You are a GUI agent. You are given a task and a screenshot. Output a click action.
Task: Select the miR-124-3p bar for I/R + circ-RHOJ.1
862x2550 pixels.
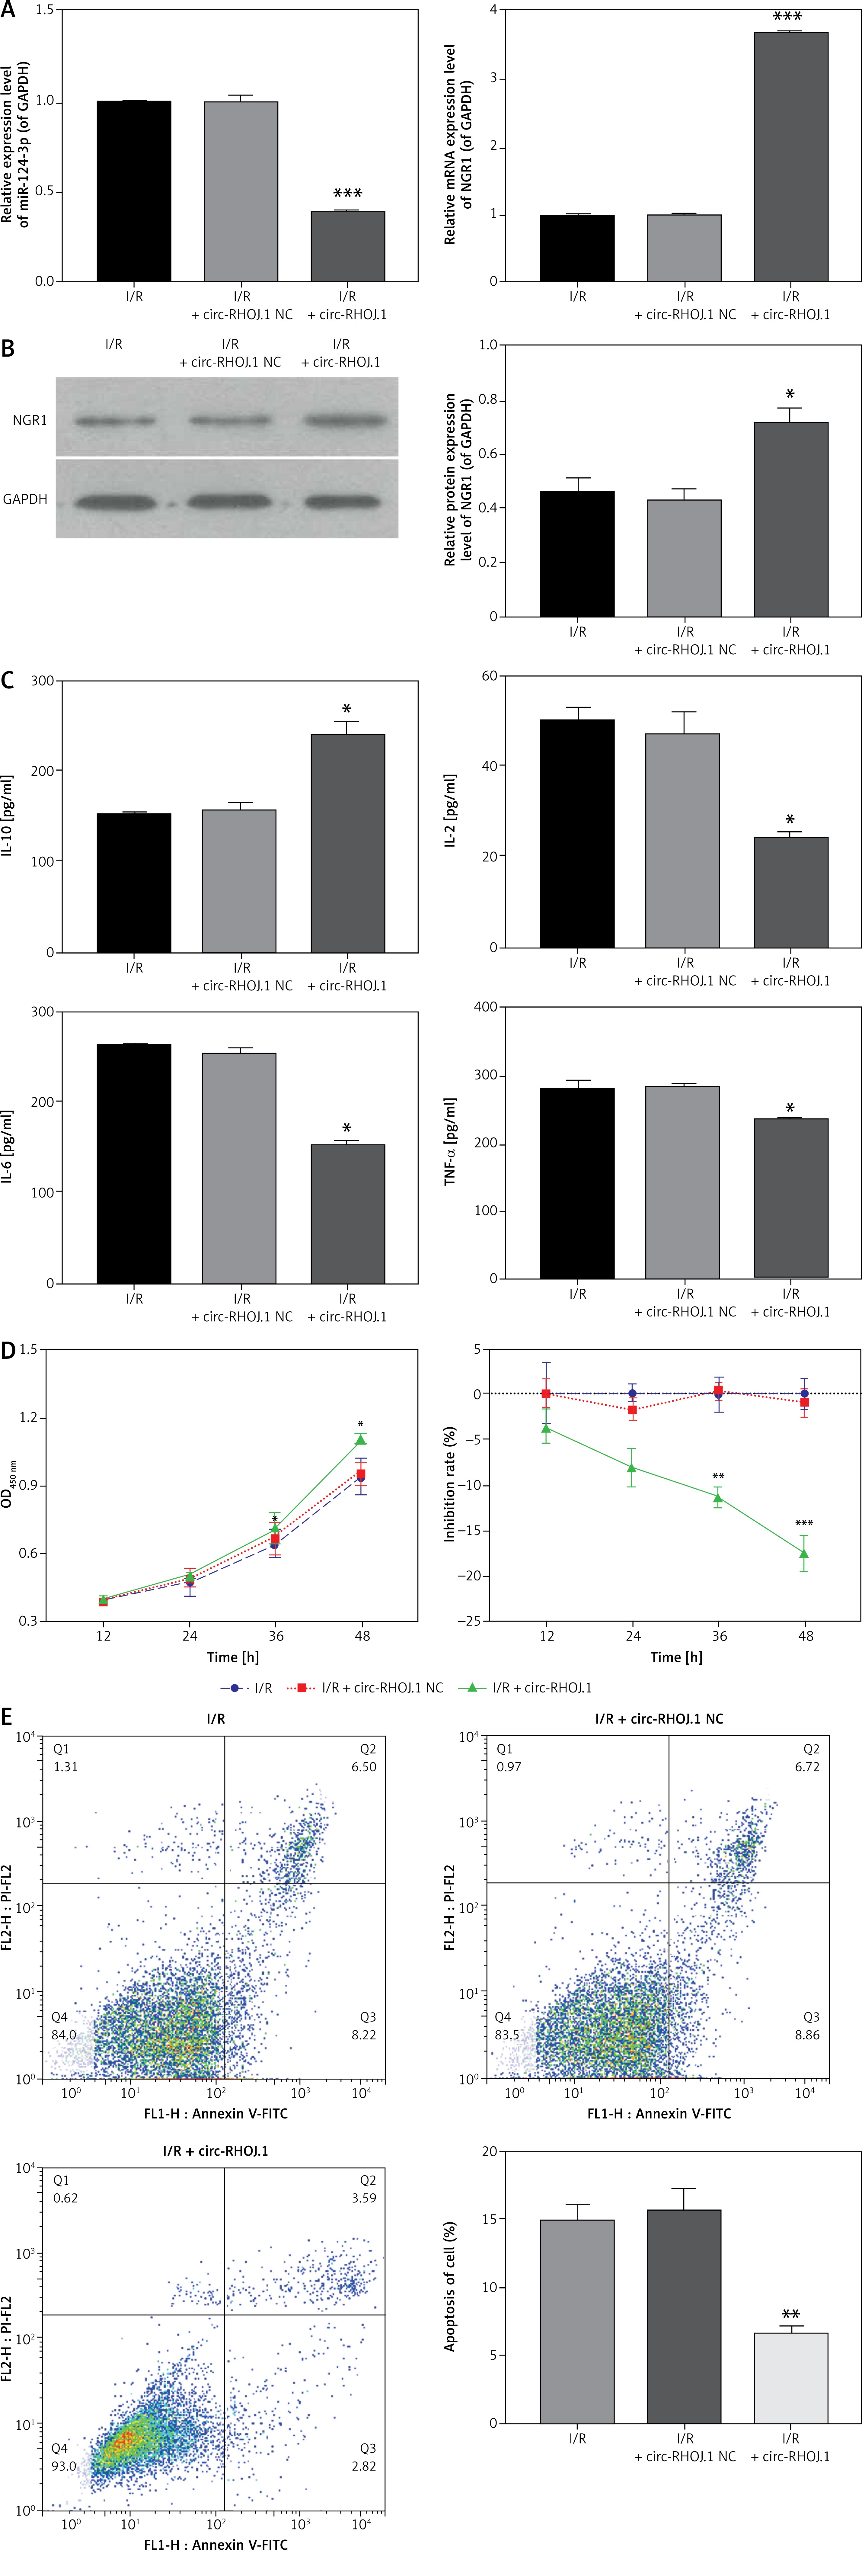(347, 246)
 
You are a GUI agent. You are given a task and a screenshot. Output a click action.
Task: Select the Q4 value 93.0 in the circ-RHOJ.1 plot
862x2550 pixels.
(63, 2466)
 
